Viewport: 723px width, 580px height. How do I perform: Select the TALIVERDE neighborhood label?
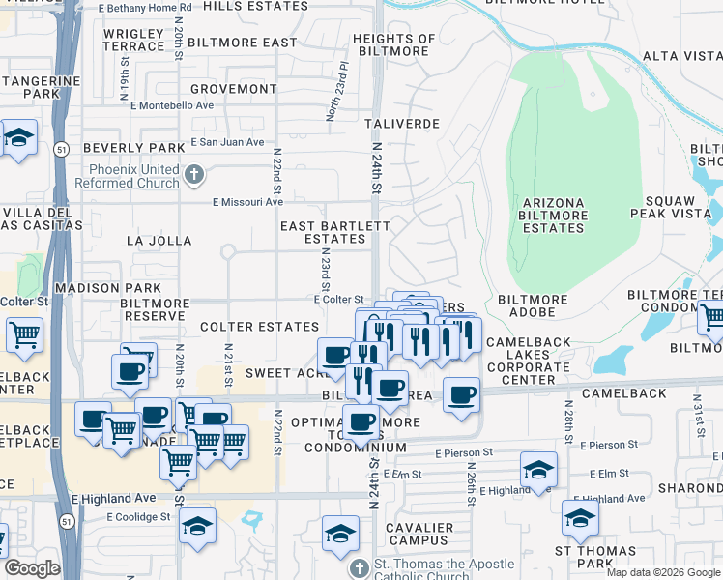pos(402,125)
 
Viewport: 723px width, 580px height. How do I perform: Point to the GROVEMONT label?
pos(233,89)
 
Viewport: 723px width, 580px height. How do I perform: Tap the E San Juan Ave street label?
pos(227,142)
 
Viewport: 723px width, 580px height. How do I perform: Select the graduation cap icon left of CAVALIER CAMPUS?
pos(340,534)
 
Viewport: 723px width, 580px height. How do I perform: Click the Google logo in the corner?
pos(32,568)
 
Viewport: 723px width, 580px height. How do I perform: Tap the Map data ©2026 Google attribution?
pos(663,572)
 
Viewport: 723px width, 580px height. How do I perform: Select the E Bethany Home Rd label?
pos(145,7)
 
